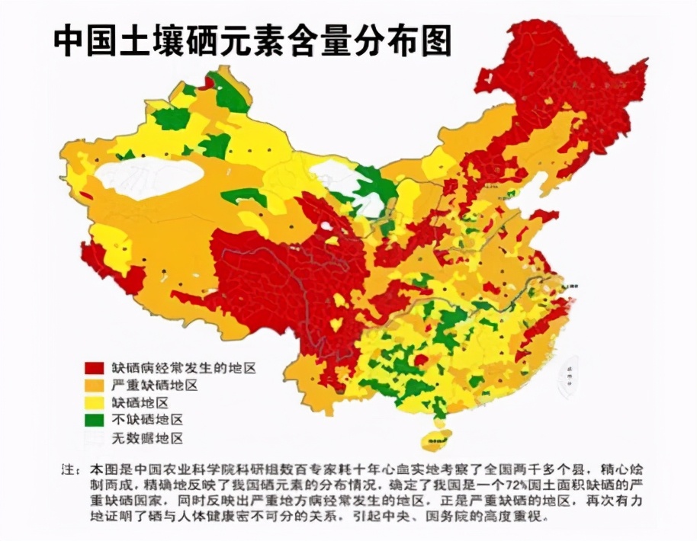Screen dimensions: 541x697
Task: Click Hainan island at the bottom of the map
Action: click(438, 439)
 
